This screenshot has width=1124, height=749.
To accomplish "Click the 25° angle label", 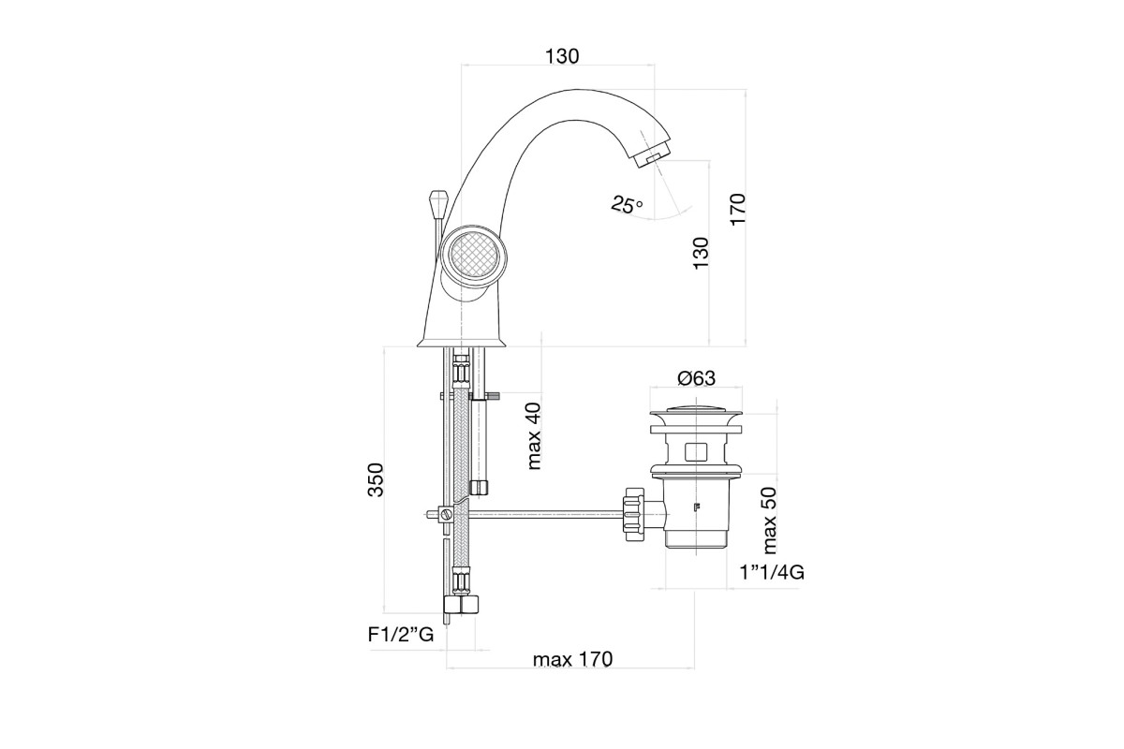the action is (x=627, y=204).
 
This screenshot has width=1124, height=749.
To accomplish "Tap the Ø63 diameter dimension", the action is (x=696, y=377).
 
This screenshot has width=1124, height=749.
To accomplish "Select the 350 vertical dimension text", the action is (x=376, y=479).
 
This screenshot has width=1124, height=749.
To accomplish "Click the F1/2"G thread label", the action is (x=401, y=635).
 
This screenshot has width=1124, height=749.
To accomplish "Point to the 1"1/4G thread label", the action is (x=772, y=572).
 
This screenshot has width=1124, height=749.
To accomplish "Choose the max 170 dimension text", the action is (x=572, y=659).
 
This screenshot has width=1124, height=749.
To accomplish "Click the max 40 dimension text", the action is (x=534, y=436).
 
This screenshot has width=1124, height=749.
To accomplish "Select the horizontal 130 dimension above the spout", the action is (x=562, y=56).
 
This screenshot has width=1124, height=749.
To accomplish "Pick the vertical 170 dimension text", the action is (x=738, y=209).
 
